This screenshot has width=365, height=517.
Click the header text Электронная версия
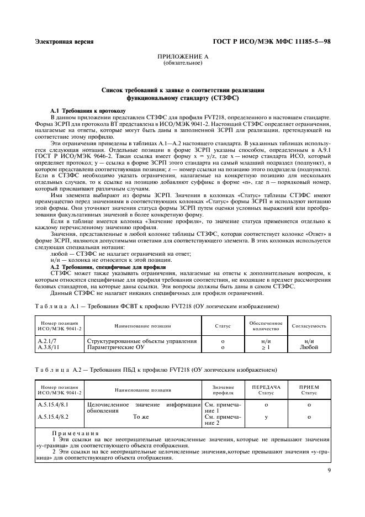pyautogui.click(x=64, y=41)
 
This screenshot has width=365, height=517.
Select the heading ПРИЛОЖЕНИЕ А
pyautogui.click(x=182, y=57)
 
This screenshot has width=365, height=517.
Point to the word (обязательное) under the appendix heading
pyautogui.click(x=182, y=63)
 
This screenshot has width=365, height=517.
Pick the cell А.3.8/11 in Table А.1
pyautogui.click(x=49, y=347)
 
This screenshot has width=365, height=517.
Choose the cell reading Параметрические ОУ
pyautogui.click(x=116, y=347)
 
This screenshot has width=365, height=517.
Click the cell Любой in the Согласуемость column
pyautogui.click(x=309, y=347)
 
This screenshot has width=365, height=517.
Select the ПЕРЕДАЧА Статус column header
pyautogui.click(x=266, y=390)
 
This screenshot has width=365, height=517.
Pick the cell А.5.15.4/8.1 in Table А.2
pyautogui.click(x=54, y=405)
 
